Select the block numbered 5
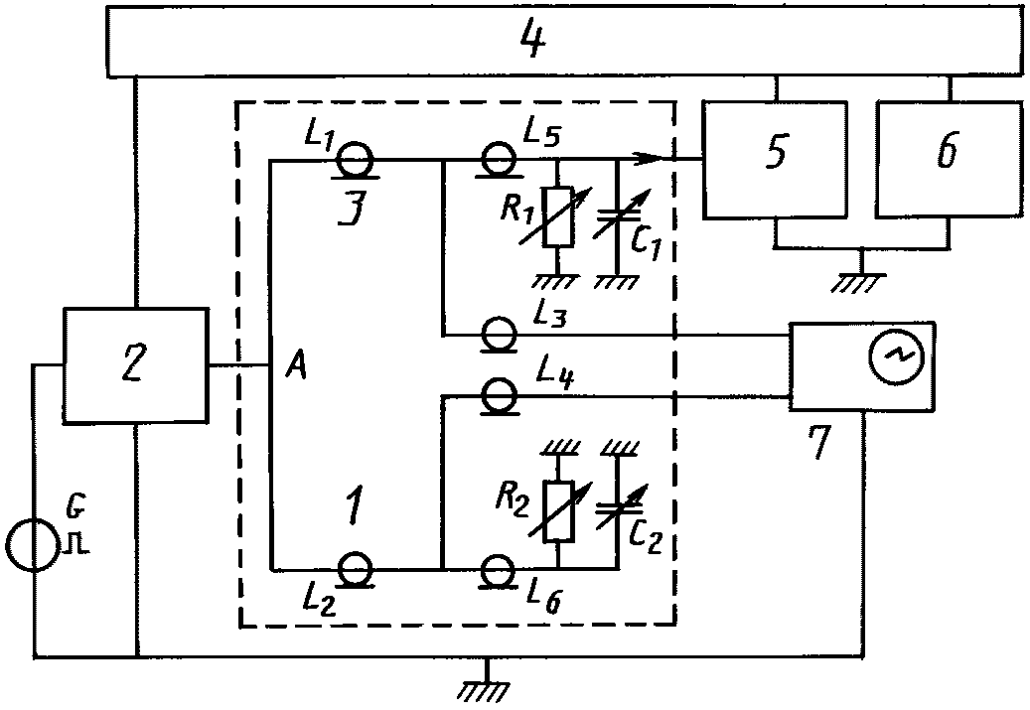tap(775, 159)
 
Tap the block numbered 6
tap(949, 159)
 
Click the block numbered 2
tap(135, 365)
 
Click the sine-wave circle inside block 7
tap(896, 355)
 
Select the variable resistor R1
tap(557, 216)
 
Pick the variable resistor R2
tap(559, 511)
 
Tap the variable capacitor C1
tap(618, 213)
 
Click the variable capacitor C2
tap(618, 508)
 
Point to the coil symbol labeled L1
tap(356, 160)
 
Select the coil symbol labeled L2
tap(356, 569)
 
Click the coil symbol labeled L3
tap(500, 335)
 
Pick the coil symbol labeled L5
tap(501, 160)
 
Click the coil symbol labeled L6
tap(500, 569)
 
